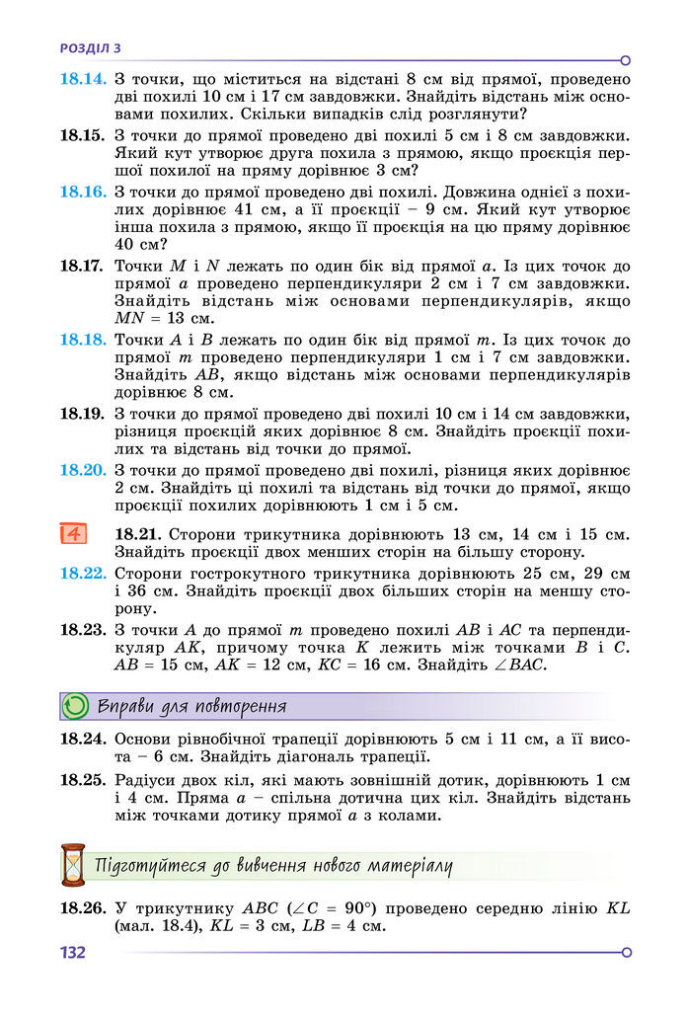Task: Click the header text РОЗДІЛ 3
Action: (91, 47)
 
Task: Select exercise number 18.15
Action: (82, 135)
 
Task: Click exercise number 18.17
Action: (82, 266)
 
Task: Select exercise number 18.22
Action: (82, 573)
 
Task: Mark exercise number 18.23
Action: (82, 628)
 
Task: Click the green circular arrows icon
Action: (75, 706)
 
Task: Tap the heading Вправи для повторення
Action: (192, 706)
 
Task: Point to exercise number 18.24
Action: (82, 739)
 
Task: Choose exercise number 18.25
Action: (82, 779)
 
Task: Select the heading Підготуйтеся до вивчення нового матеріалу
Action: (274, 866)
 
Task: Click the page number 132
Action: (73, 953)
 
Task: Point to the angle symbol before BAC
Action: (498, 665)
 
